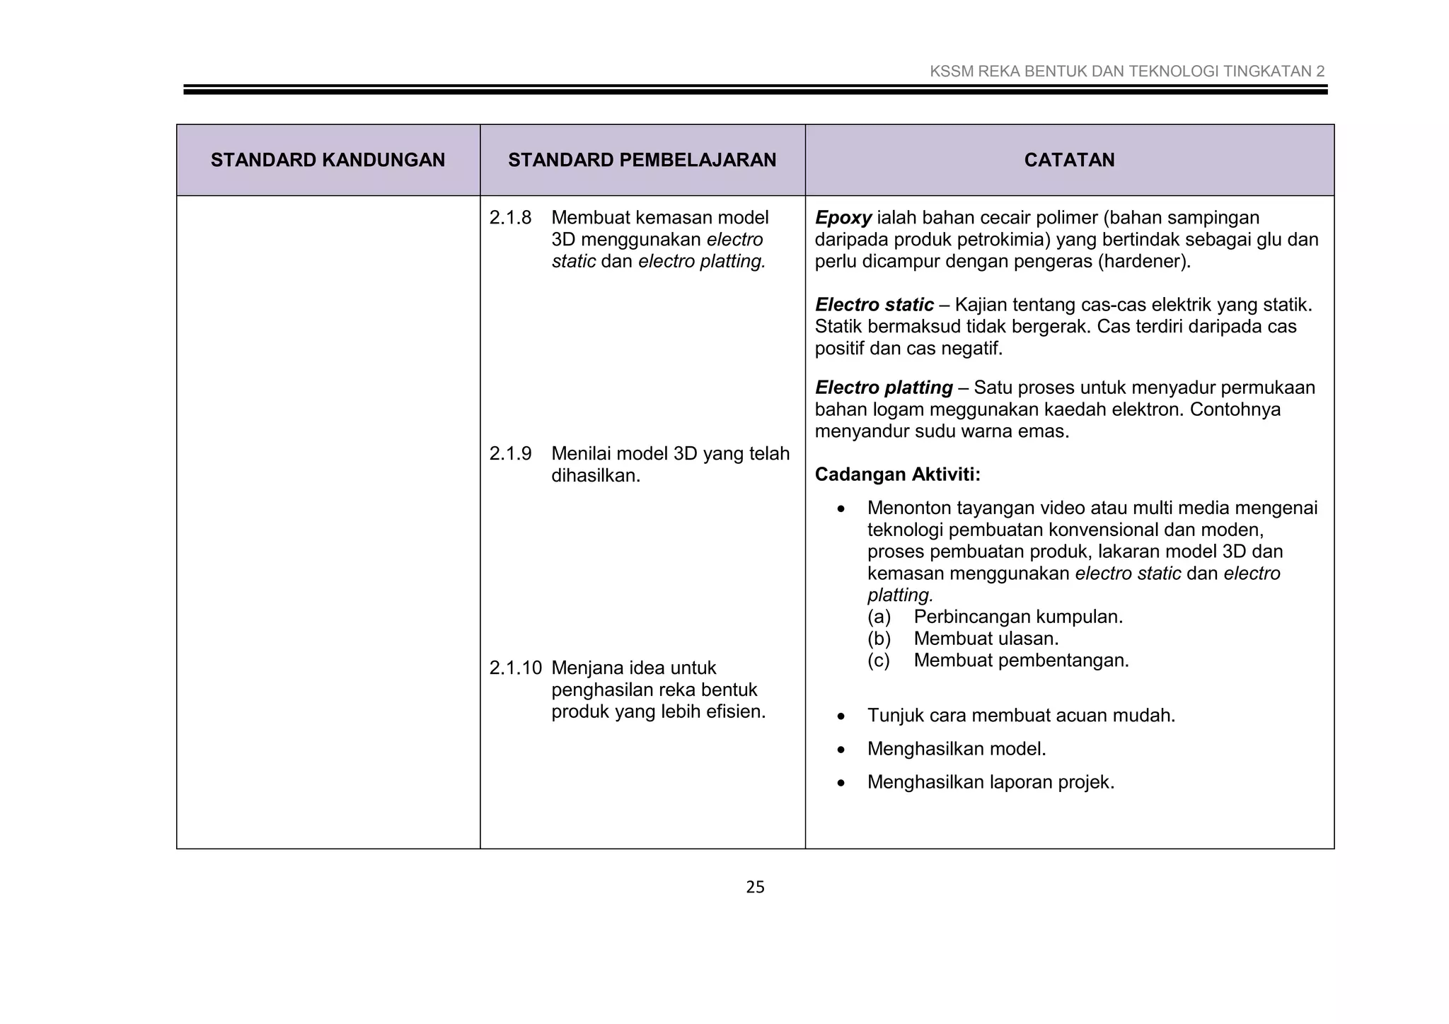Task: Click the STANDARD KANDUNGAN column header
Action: click(x=328, y=160)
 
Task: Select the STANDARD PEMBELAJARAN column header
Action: click(x=642, y=160)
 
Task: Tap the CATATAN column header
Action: click(x=1069, y=160)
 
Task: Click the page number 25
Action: click(x=755, y=887)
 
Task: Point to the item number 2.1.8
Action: click(x=510, y=218)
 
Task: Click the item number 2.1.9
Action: click(x=510, y=454)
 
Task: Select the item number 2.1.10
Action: click(x=515, y=668)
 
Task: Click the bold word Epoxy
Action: click(x=843, y=218)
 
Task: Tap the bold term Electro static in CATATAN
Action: click(x=874, y=305)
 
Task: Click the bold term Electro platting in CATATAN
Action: click(x=884, y=388)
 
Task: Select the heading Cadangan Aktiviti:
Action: click(x=897, y=475)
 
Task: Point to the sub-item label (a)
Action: click(x=879, y=617)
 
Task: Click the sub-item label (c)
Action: click(x=879, y=661)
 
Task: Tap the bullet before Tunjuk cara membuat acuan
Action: click(x=841, y=716)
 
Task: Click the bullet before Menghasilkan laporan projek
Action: click(x=841, y=783)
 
